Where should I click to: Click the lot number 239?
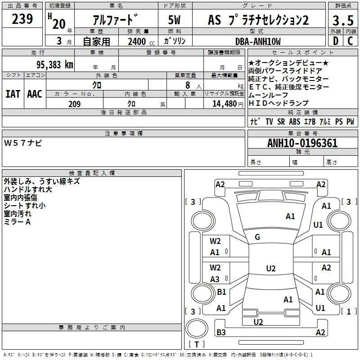coord(22,19)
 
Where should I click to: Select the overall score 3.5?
coord(343,20)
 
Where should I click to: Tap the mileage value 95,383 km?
coord(55,65)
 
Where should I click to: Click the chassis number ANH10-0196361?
coord(302,143)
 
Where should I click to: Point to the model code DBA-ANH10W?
coord(258,41)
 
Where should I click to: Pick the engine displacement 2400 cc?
coord(141,41)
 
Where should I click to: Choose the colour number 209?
coord(75,104)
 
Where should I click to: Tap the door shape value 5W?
coord(174,20)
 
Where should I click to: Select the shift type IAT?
coord(13,94)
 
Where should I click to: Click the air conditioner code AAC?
coord(35,94)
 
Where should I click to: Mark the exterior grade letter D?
coord(336,41)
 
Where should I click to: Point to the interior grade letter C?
coord(350,41)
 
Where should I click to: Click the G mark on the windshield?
coord(257,237)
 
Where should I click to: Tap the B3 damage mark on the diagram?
coord(221,332)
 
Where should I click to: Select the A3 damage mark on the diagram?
coord(215,279)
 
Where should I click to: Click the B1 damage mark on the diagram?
coord(221,292)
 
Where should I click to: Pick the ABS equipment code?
coord(295,121)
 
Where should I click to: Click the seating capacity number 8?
coord(188,85)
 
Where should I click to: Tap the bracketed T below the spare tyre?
coord(197,344)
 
